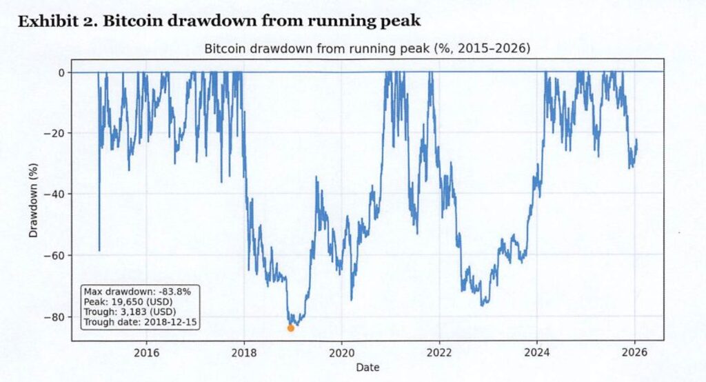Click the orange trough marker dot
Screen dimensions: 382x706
290,328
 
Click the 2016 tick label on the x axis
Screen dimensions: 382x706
147,353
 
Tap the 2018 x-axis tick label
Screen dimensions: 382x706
243,353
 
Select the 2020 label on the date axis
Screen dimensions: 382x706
341,353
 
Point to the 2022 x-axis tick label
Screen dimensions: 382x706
439,353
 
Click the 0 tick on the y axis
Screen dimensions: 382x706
61,72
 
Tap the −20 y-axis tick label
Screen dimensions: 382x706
56,133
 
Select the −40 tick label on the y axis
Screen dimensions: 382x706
56,194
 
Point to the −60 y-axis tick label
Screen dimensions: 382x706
56,256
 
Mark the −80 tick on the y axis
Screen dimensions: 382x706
56,317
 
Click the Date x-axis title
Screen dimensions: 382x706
367,368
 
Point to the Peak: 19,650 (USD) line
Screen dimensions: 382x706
128,301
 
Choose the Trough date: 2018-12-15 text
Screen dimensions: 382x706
140,321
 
